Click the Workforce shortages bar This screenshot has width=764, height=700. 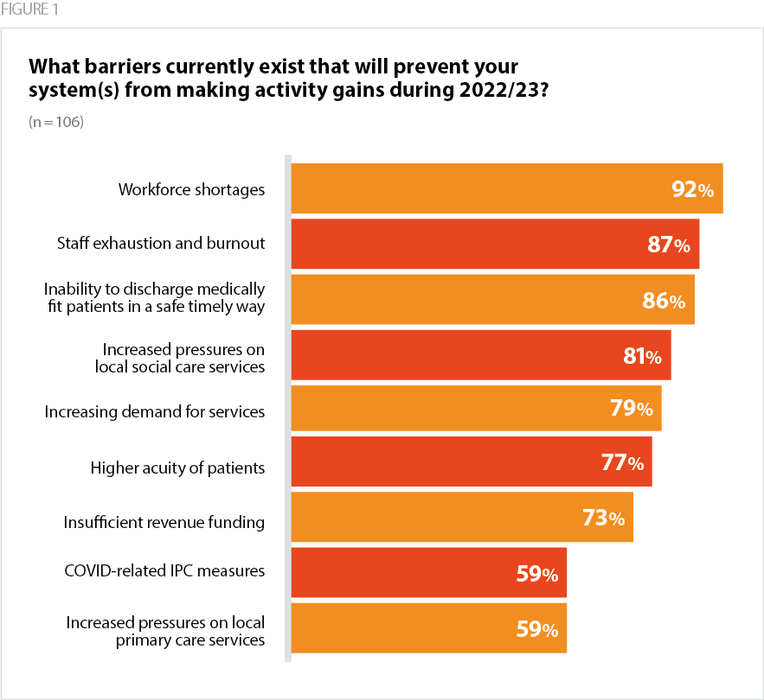pyautogui.click(x=506, y=188)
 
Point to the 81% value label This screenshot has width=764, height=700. pyautogui.click(x=643, y=355)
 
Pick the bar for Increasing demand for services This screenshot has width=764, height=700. pyautogui.click(x=476, y=408)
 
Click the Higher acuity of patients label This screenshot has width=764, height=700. pyautogui.click(x=177, y=468)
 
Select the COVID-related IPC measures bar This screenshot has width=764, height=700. pyautogui.click(x=428, y=572)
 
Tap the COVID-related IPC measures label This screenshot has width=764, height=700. pyautogui.click(x=164, y=571)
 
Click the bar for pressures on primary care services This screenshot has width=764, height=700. pyautogui.click(x=428, y=628)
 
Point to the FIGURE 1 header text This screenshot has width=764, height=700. pyautogui.click(x=30, y=10)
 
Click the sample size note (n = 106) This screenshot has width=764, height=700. pyautogui.click(x=55, y=122)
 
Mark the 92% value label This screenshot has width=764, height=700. pyautogui.click(x=693, y=189)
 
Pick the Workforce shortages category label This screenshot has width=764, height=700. pyautogui.click(x=191, y=189)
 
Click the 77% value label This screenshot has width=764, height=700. pyautogui.click(x=622, y=463)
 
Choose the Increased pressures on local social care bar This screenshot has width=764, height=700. pyautogui.click(x=480, y=354)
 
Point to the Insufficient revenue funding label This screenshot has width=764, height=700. pyautogui.click(x=164, y=522)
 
